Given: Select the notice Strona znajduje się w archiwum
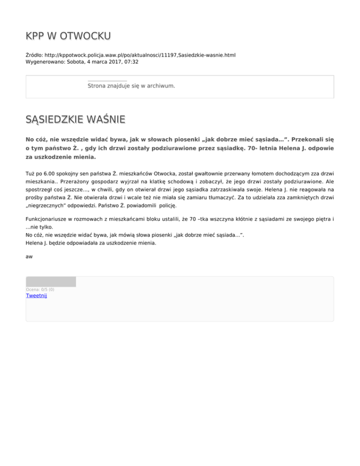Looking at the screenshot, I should pos(131,86).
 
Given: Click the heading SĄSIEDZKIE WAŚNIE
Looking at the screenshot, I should pos(75,120).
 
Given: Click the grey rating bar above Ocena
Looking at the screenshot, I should pos(51,282).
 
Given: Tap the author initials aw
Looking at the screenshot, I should pos(29,256).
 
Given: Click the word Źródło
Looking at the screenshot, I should pos(33,55).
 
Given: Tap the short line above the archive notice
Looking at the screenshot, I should pos(107,81).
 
